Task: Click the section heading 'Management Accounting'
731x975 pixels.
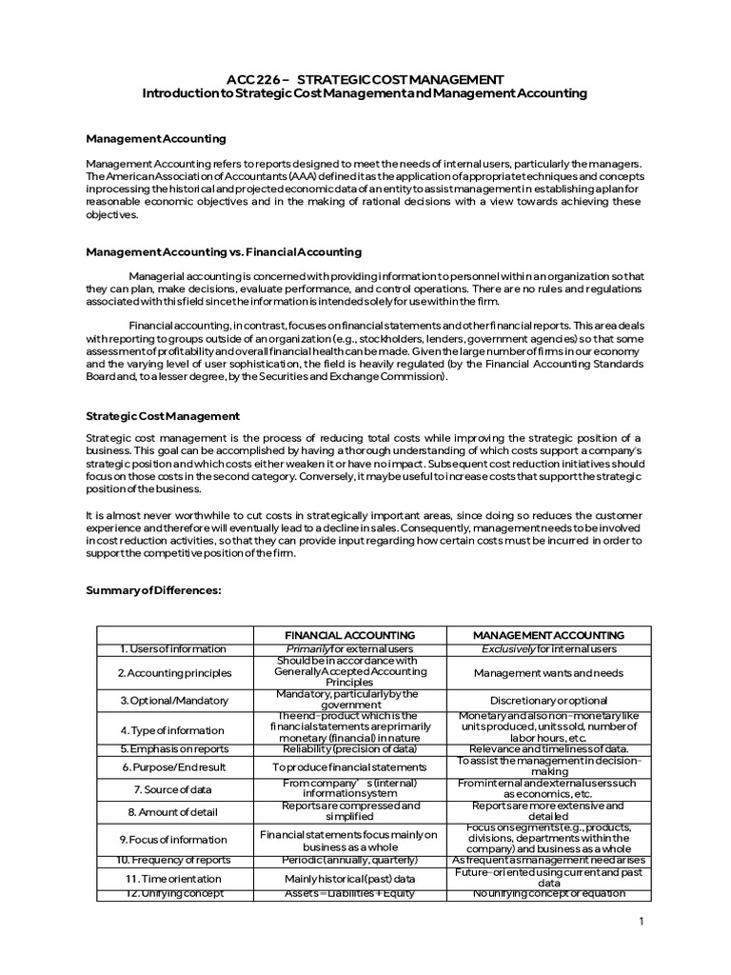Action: point(156,139)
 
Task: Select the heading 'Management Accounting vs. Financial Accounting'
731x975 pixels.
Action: point(224,252)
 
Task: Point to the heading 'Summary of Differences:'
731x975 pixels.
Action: point(152,590)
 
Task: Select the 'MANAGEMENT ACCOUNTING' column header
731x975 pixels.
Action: point(548,635)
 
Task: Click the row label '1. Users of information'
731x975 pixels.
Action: point(173,649)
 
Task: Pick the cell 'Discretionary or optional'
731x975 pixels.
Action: point(548,700)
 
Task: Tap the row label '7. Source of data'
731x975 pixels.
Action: point(173,789)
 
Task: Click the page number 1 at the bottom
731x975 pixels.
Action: point(642,922)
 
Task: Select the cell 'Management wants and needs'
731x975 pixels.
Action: point(548,672)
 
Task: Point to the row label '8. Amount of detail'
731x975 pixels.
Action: point(173,812)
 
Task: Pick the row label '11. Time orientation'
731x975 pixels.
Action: point(173,879)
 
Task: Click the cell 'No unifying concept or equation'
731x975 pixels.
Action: point(548,894)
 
